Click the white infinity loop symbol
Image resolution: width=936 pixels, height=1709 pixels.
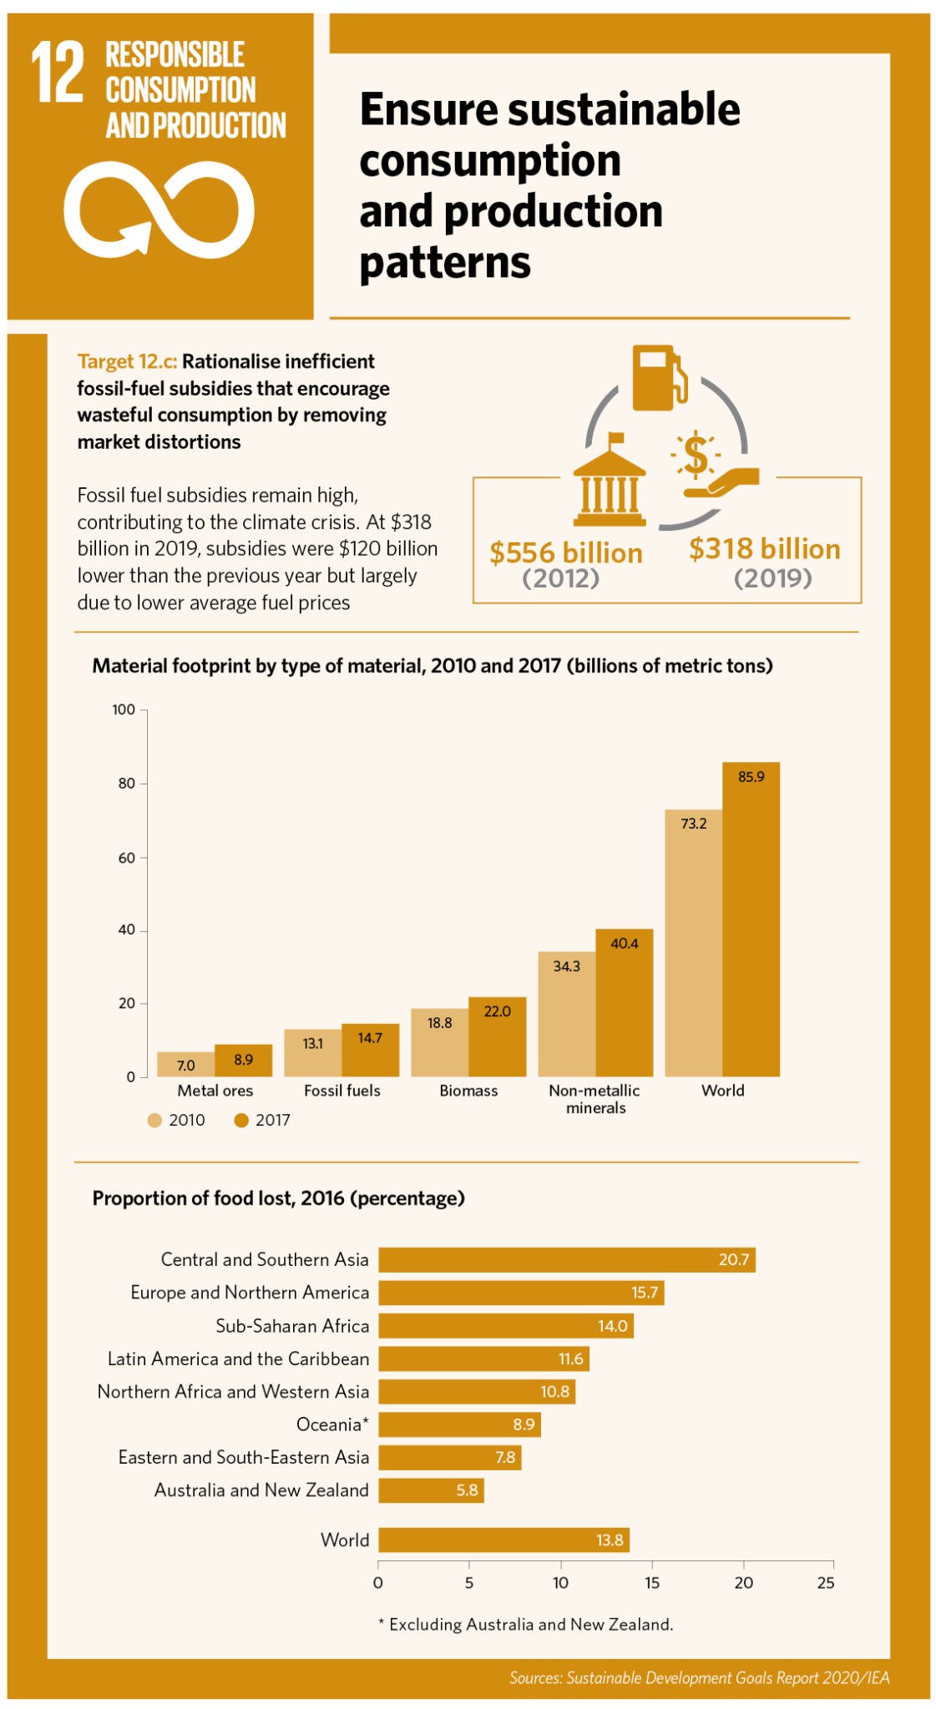pyautogui.click(x=159, y=209)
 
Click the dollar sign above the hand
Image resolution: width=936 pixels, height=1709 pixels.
pyautogui.click(x=696, y=455)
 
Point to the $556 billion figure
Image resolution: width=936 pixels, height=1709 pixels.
pyautogui.click(x=566, y=553)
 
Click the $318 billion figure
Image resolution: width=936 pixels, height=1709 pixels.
pyautogui.click(x=765, y=549)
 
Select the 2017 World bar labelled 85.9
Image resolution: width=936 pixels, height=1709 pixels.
pyautogui.click(x=751, y=918)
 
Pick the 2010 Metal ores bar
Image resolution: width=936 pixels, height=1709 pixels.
pyautogui.click(x=185, y=1064)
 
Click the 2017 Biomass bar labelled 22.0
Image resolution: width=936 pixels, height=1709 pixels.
pyautogui.click(x=497, y=1036)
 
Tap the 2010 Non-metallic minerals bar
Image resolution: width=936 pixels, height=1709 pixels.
pyautogui.click(x=566, y=1014)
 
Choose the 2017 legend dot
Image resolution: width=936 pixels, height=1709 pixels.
pyautogui.click(x=241, y=1120)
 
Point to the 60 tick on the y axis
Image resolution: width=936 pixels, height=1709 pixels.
pyautogui.click(x=126, y=857)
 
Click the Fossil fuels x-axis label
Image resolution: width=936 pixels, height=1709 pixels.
pyautogui.click(x=342, y=1091)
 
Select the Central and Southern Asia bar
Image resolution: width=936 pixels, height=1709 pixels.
pyautogui.click(x=566, y=1260)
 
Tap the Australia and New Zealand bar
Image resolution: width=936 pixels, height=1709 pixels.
pyautogui.click(x=431, y=1490)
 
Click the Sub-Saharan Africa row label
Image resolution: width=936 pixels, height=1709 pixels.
pyautogui.click(x=292, y=1326)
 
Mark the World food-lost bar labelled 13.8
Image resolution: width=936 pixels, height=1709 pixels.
pyautogui.click(x=503, y=1540)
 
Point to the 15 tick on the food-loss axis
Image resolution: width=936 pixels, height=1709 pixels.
pyautogui.click(x=651, y=1582)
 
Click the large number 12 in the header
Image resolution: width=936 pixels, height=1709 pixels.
pyautogui.click(x=58, y=73)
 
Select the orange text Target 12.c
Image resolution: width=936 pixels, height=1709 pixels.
pyautogui.click(x=127, y=361)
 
